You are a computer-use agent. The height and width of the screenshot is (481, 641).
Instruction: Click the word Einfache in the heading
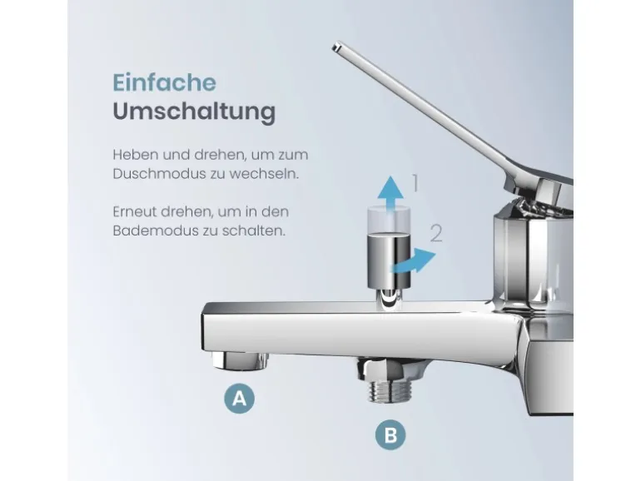pyautogui.click(x=164, y=82)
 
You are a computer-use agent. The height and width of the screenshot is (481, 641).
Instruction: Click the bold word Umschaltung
pyautogui.click(x=193, y=112)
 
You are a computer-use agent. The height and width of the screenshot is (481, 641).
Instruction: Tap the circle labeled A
pyautogui.click(x=240, y=399)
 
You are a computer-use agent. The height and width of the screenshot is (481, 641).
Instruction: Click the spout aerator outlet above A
pyautogui.click(x=241, y=360)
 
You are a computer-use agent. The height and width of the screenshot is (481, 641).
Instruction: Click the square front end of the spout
pyautogui.click(x=211, y=330)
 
